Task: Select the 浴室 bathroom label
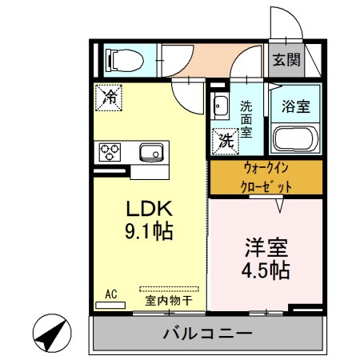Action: (x=295, y=105)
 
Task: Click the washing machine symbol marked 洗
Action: (x=224, y=141)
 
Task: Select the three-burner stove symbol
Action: (x=110, y=151)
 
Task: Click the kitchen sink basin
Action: (x=150, y=152)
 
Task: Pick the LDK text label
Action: (x=148, y=210)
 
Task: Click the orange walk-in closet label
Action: (x=266, y=178)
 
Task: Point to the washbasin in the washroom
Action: (x=221, y=104)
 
